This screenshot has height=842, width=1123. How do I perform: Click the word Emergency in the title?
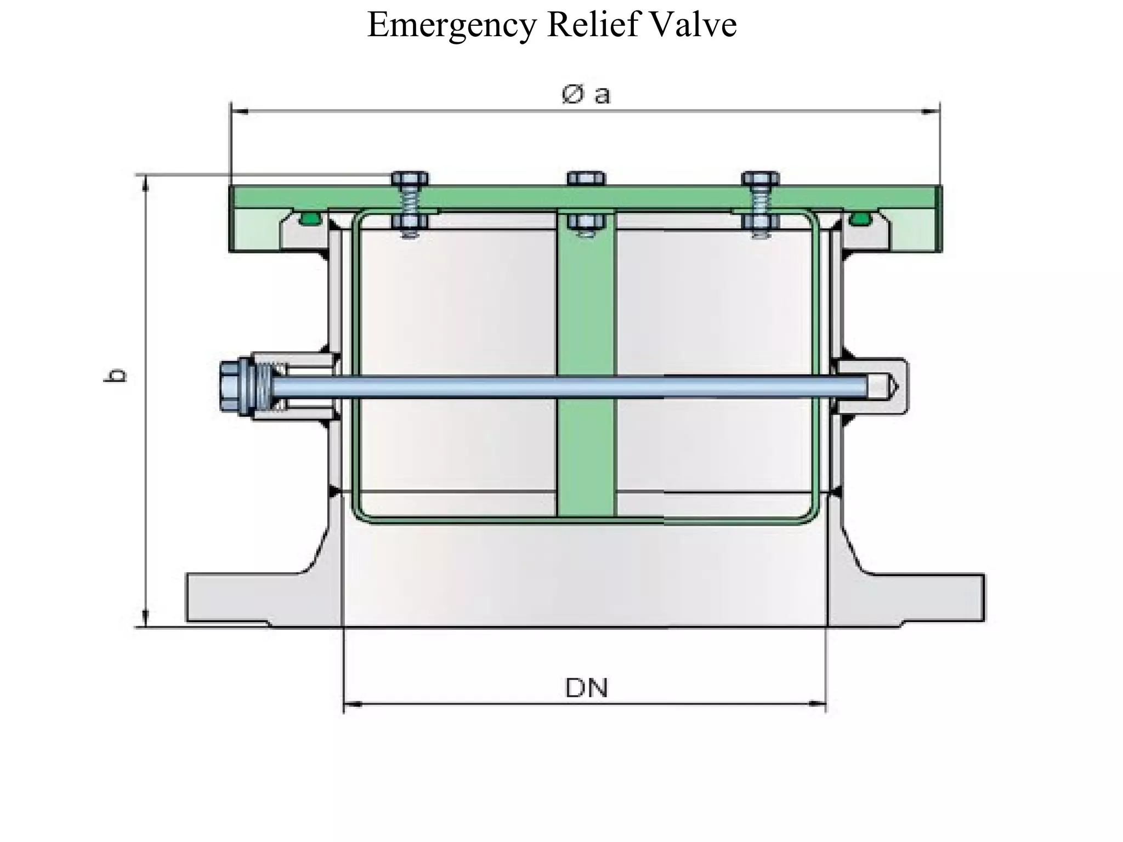pyautogui.click(x=451, y=25)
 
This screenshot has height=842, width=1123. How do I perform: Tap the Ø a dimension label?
pyautogui.click(x=586, y=95)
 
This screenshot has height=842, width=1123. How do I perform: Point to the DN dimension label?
pyautogui.click(x=586, y=689)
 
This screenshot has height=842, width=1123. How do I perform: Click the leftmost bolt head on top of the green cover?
pyautogui.click(x=410, y=179)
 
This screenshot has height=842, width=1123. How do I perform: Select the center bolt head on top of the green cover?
pyautogui.click(x=586, y=179)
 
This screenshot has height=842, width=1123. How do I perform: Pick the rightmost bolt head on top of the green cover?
pyautogui.click(x=760, y=179)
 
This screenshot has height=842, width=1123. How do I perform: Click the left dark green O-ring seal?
pyautogui.click(x=310, y=220)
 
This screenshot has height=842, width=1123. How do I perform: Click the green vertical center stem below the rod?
pyautogui.click(x=586, y=455)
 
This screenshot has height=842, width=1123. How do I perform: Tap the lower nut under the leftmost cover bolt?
pyautogui.click(x=410, y=221)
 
